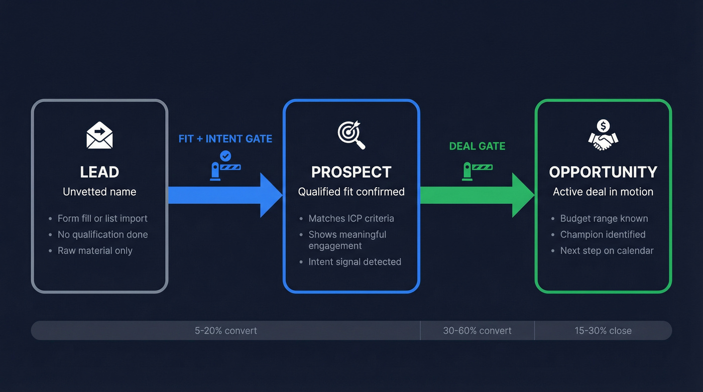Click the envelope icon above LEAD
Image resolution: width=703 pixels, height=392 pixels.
[x=99, y=135]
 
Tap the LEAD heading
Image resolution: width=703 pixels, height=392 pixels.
[x=99, y=172]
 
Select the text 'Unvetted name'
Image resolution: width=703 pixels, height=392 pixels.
[x=99, y=192]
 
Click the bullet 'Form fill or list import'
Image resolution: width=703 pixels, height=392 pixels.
[x=102, y=218]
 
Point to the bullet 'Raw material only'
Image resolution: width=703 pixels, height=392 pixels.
[x=95, y=250]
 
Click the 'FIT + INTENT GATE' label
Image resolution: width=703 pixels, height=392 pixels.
[x=225, y=139]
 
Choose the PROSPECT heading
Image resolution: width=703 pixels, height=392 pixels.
[x=351, y=172]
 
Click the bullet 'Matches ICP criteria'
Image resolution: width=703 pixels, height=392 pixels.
[x=351, y=218]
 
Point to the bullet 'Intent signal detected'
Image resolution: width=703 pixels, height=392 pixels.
[x=355, y=262]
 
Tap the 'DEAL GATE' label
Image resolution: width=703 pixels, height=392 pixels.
[x=477, y=146]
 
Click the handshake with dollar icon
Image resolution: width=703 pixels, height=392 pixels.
[x=603, y=135]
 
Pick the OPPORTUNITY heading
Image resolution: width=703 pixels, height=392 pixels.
[x=603, y=172]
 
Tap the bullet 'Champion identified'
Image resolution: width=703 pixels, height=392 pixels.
[x=603, y=234]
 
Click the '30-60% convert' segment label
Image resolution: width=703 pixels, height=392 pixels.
[x=477, y=331]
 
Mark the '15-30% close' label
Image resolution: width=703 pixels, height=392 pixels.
[x=603, y=331]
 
